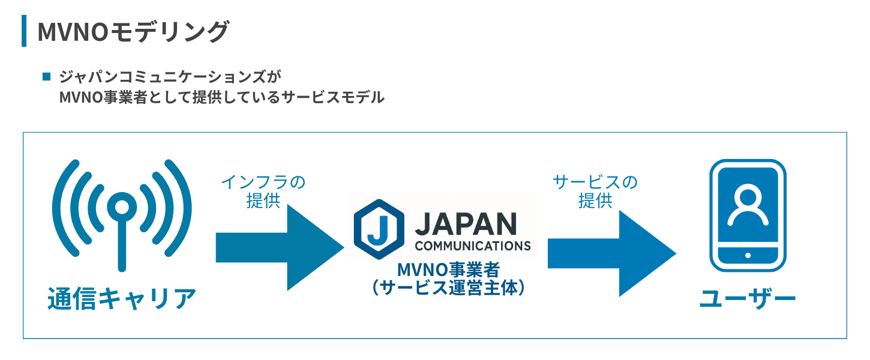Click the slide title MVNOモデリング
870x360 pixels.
133,32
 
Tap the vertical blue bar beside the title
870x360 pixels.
24,31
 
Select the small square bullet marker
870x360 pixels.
46,77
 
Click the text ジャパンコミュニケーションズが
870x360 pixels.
170,77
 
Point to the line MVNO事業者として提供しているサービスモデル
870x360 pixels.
221,97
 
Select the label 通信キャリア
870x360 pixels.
122,298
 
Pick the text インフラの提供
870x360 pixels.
263,191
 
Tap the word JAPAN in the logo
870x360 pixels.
465,224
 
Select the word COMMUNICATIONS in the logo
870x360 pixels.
472,245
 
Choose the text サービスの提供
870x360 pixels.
595,191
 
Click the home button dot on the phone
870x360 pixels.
748,256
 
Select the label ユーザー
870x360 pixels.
748,298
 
